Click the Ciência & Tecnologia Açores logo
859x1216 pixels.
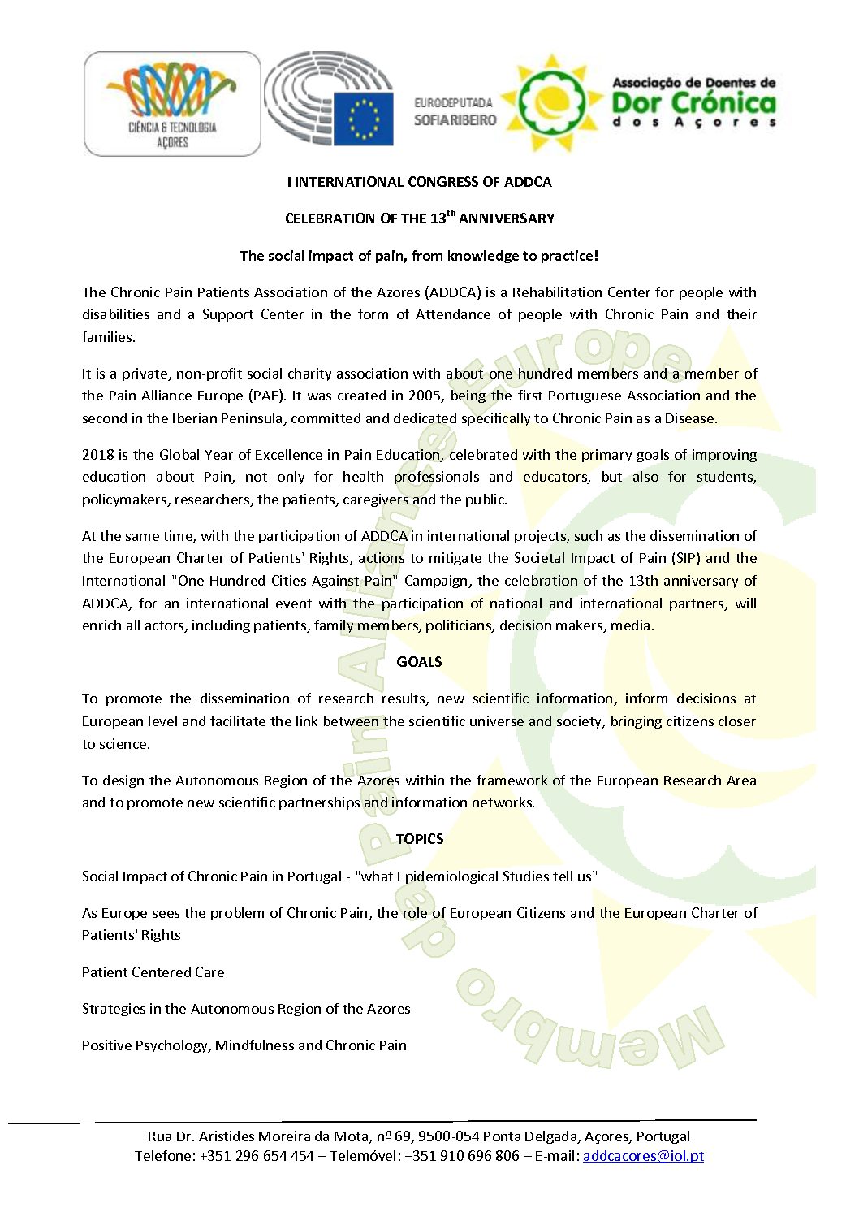pyautogui.click(x=172, y=104)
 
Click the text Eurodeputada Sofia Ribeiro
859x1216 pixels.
pyautogui.click(x=455, y=112)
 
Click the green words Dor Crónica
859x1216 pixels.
pyautogui.click(x=693, y=103)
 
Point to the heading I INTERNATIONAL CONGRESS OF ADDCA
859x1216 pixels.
pyautogui.click(x=419, y=182)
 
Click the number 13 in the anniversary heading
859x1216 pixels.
pyautogui.click(x=438, y=219)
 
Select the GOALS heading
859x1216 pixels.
pyautogui.click(x=419, y=662)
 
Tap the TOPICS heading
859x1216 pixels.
pyautogui.click(x=419, y=839)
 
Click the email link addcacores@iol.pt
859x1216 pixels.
pyautogui.click(x=643, y=1156)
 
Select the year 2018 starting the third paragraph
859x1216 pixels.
pyautogui.click(x=98, y=455)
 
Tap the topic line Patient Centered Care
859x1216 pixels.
pyautogui.click(x=153, y=972)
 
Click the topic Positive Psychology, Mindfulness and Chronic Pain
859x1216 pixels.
pyautogui.click(x=244, y=1045)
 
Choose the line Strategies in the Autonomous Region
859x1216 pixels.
pyautogui.click(x=246, y=1009)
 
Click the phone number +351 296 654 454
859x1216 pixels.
pyautogui.click(x=257, y=1156)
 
